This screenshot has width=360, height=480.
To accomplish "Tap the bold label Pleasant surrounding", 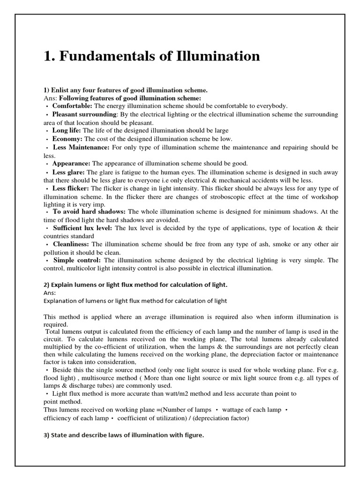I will click(x=84, y=114).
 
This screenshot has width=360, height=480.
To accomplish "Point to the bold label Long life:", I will click(x=67, y=130).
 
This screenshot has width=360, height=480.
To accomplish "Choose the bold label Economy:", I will click(x=67, y=139).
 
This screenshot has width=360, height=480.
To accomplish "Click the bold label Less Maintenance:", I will click(x=81, y=147).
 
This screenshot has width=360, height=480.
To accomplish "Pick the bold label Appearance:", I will click(x=71, y=164).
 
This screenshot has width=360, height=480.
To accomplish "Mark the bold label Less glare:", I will click(x=68, y=172).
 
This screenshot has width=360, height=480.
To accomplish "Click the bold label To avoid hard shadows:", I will click(x=90, y=212).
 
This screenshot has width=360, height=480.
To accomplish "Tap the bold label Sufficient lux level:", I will click(x=83, y=228).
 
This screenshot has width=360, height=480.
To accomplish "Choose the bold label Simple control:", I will click(x=77, y=260).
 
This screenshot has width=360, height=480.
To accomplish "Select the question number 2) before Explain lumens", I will click(x=47, y=285).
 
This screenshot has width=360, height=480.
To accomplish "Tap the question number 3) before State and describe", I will click(x=47, y=435).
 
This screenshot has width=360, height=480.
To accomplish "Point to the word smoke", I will click(x=259, y=244).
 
